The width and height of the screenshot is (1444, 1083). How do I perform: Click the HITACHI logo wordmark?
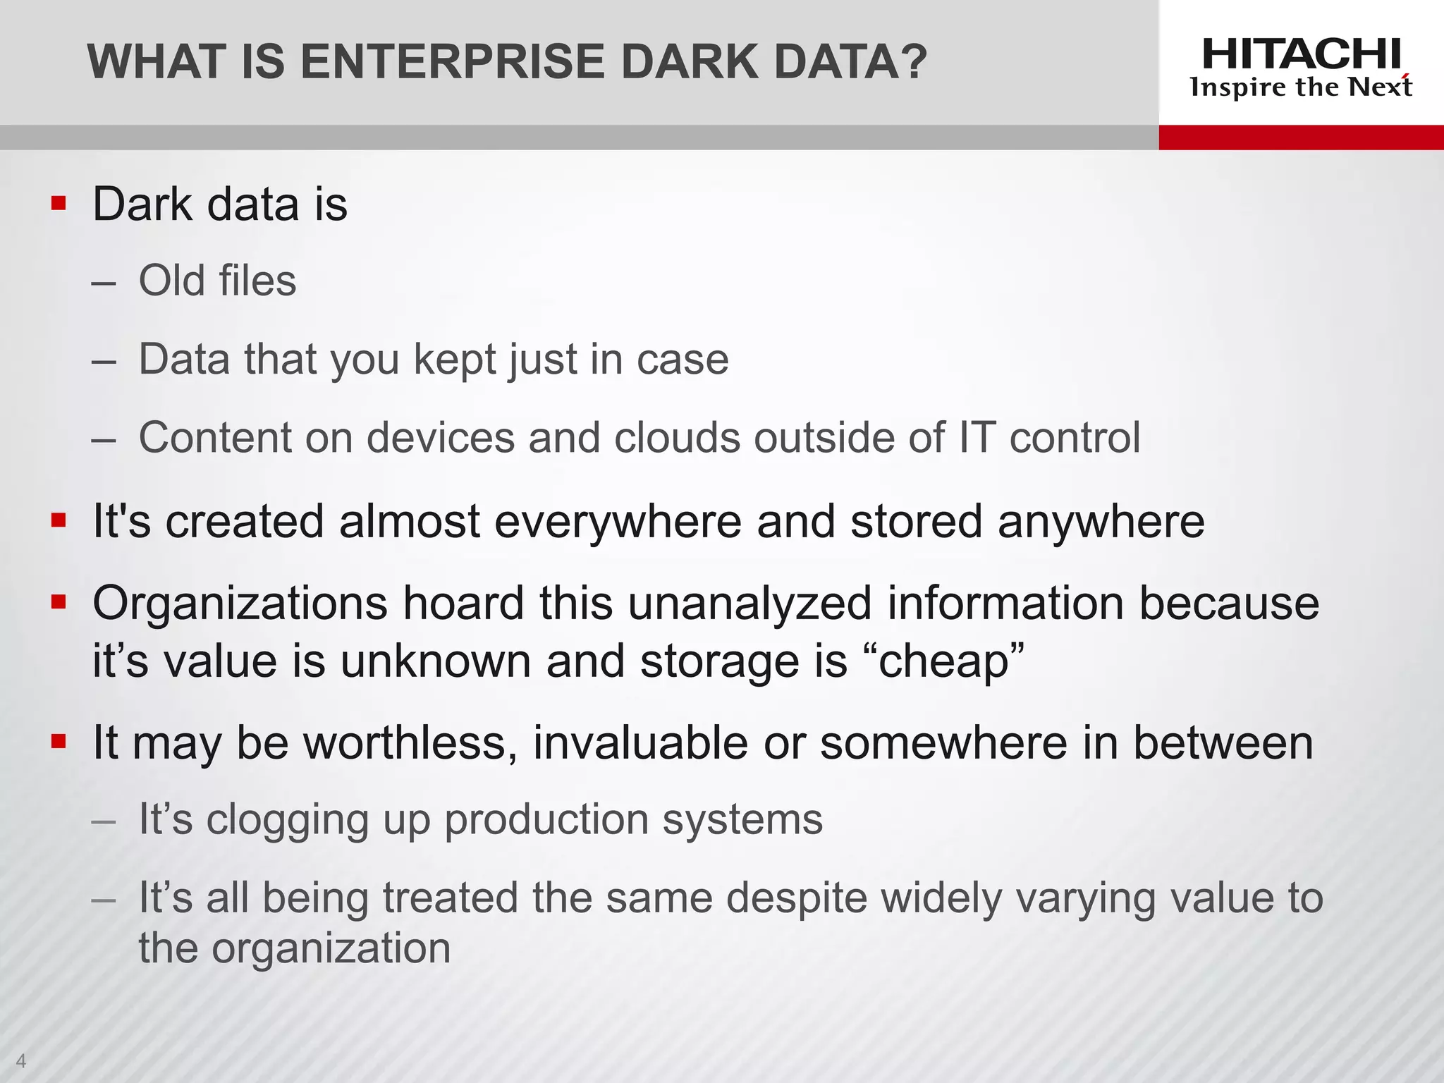1301,54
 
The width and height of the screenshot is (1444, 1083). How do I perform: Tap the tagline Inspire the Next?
1301,87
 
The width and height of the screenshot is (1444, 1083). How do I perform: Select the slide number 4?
20,1060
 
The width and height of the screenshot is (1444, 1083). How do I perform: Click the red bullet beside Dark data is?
59,204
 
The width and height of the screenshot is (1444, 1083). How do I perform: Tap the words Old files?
217,281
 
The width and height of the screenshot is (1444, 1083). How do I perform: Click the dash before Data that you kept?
104,361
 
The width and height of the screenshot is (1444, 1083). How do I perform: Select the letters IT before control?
977,438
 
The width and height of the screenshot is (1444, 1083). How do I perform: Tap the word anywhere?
1101,522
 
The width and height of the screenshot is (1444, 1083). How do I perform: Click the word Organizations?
240,604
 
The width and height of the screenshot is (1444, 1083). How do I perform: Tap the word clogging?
288,821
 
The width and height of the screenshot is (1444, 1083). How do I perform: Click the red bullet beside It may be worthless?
59,742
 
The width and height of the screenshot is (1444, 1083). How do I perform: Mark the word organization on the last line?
331,948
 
